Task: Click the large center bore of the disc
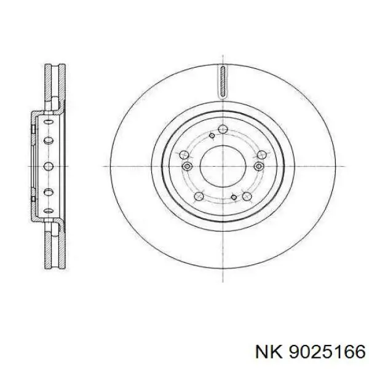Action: tap(223, 167)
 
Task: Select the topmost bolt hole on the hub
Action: tap(223, 129)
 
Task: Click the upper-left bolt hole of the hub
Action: tap(184, 155)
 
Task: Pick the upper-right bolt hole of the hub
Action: tap(262, 155)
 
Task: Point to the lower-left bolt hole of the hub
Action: tap(199, 196)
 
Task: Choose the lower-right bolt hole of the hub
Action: tap(247, 196)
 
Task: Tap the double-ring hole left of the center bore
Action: tap(187, 167)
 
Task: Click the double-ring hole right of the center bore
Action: tap(259, 167)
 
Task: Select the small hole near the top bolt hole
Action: tap(212, 135)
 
